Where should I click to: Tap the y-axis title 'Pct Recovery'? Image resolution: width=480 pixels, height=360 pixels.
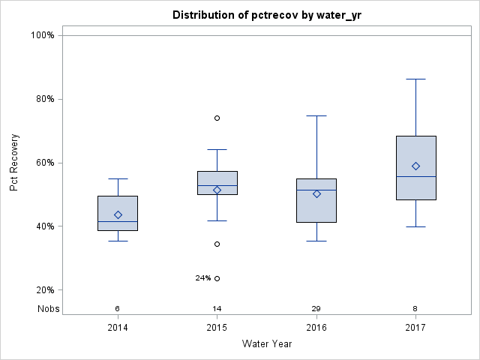tap(14, 162)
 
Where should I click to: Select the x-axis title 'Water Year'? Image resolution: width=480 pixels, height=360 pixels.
tap(267, 344)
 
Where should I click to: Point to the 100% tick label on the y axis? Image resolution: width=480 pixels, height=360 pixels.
tap(41, 35)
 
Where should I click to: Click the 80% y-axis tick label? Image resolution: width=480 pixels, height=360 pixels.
tap(43, 99)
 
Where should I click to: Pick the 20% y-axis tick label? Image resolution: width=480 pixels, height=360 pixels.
tap(43, 290)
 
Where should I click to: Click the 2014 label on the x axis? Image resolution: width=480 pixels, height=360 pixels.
tap(118, 328)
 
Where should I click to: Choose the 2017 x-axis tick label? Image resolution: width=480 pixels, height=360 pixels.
tap(416, 328)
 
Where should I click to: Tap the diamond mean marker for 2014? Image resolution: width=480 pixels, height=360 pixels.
tap(118, 214)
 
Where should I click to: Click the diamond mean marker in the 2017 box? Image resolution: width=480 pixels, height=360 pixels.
tap(416, 166)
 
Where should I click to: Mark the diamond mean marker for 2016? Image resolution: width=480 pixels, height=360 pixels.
tap(316, 193)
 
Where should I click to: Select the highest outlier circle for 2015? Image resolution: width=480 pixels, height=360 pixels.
tap(217, 118)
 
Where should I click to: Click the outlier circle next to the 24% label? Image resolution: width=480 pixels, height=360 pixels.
tap(217, 278)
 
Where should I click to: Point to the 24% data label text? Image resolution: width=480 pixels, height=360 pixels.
tap(202, 278)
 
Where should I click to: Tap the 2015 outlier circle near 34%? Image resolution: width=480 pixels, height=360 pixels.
tap(217, 244)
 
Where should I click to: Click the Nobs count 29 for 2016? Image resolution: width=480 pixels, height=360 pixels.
tap(316, 308)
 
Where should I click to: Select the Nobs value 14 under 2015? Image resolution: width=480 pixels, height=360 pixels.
tap(217, 308)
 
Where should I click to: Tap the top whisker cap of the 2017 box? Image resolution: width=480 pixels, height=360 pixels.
tap(416, 79)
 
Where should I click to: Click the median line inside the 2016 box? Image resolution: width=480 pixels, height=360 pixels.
tap(316, 190)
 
